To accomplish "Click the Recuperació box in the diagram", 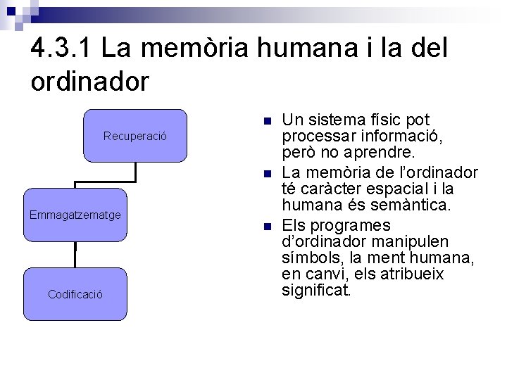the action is click(135, 136).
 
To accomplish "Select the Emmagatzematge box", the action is click(75, 215).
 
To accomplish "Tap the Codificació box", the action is click(75, 294).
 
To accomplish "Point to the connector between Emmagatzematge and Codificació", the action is click(75, 255).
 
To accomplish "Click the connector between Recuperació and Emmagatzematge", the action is click(135, 175).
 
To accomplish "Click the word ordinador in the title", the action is click(90, 82).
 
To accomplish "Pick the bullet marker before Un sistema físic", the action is click(266, 122).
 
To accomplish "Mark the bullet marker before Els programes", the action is click(266, 227).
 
